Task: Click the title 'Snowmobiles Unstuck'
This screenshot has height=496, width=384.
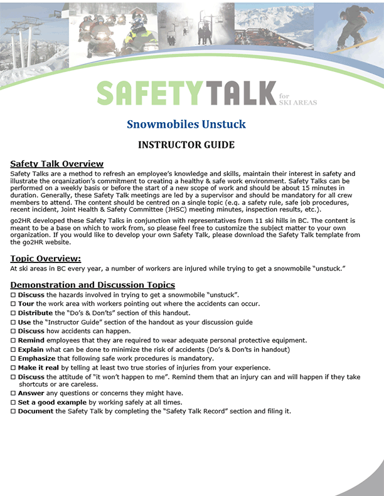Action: pyautogui.click(x=186, y=124)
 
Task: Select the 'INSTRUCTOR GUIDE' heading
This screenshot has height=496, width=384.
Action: pyautogui.click(x=186, y=145)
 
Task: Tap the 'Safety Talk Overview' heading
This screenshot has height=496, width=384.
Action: pyautogui.click(x=56, y=164)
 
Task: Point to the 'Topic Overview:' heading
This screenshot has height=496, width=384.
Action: pyautogui.click(x=46, y=258)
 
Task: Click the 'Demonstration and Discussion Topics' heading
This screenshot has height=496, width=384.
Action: pyautogui.click(x=92, y=285)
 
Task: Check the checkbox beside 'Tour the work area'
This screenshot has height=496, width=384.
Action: pyautogui.click(x=13, y=304)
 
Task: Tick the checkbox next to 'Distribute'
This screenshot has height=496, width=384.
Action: pyautogui.click(x=13, y=313)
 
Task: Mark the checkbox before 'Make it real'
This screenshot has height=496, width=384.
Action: pyautogui.click(x=13, y=368)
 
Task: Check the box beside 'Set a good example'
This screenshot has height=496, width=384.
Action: pyautogui.click(x=13, y=403)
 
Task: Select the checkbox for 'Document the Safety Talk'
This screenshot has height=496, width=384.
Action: pyautogui.click(x=13, y=411)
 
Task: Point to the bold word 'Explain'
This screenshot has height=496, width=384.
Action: pyautogui.click(x=31, y=349)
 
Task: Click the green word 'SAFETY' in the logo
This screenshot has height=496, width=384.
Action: pyautogui.click(x=150, y=93)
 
